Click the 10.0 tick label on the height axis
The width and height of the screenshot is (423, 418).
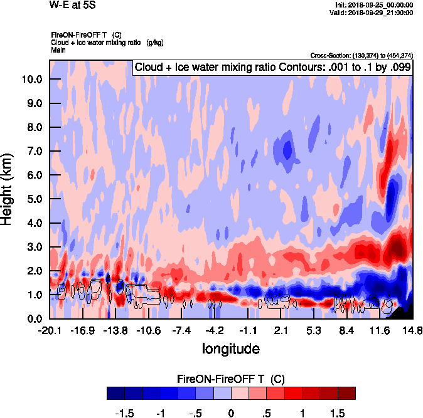tap(30, 80)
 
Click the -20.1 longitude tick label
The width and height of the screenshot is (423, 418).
tap(50, 330)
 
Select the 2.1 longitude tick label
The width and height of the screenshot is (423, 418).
tap(281, 330)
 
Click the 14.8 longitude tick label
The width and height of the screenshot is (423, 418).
tap(412, 330)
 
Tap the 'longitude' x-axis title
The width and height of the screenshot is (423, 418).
tap(230, 348)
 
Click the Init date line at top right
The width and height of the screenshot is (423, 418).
tap(374, 5)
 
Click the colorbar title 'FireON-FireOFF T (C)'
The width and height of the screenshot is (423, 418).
tap(231, 379)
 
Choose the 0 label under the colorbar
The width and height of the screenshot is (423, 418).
tap(231, 413)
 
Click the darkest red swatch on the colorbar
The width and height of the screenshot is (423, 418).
tap(346, 393)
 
